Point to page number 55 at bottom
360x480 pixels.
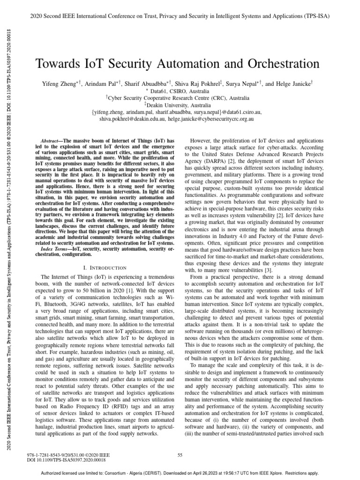[180, 454]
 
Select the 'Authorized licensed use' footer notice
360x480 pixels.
[180, 473]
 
